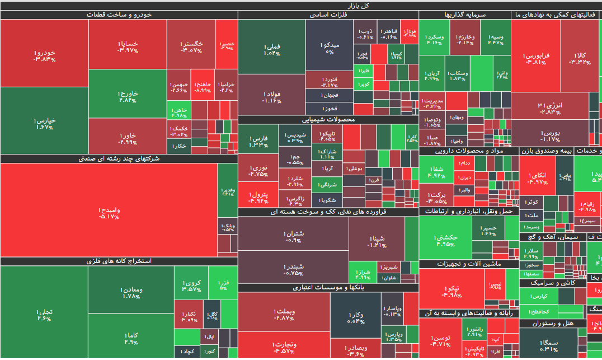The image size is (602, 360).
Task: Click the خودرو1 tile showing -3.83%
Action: pos(44,55)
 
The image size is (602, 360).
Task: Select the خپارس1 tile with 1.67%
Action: pos(44,123)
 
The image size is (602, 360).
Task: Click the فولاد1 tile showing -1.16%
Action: pos(271,97)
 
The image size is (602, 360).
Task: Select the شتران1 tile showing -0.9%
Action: pos(293,236)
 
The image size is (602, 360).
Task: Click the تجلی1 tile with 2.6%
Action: pos(44,315)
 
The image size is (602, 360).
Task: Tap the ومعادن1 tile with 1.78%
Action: pos(130,292)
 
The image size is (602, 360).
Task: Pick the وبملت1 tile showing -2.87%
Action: pos(284,315)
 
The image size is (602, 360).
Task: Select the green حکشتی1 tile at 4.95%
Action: pos(445,240)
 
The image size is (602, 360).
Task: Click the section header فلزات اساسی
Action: pos(328,15)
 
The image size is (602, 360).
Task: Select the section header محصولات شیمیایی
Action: pos(328,119)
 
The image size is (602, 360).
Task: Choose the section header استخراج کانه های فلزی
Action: pos(119,261)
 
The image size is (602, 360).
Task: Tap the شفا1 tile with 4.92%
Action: pos(438,171)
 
